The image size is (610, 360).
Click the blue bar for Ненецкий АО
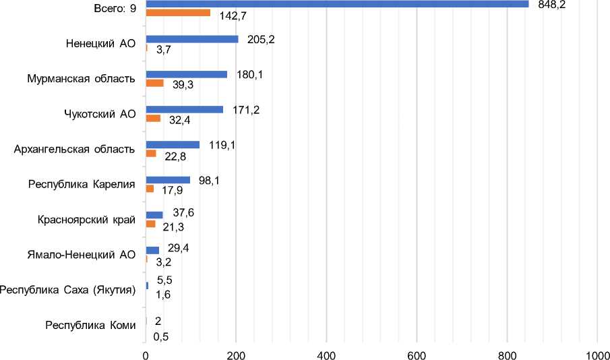coord(192,39)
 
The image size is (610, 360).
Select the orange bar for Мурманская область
coord(154,83)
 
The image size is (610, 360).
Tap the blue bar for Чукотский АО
coord(184,109)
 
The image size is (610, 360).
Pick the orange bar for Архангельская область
coord(151,154)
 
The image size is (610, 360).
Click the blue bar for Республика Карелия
coord(168,180)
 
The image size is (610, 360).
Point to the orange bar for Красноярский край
coord(150,224)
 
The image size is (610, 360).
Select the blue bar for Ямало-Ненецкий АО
coord(152,250)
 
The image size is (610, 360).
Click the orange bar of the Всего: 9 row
coord(178,13)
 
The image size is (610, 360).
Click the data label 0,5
coord(161,336)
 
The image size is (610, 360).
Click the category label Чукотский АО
coord(96,113)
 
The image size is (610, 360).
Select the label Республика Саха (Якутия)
coord(68,290)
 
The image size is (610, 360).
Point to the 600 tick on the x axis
coord(417,353)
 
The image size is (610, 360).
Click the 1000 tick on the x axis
coord(597,353)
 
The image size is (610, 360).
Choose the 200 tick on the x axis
coord(236,353)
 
